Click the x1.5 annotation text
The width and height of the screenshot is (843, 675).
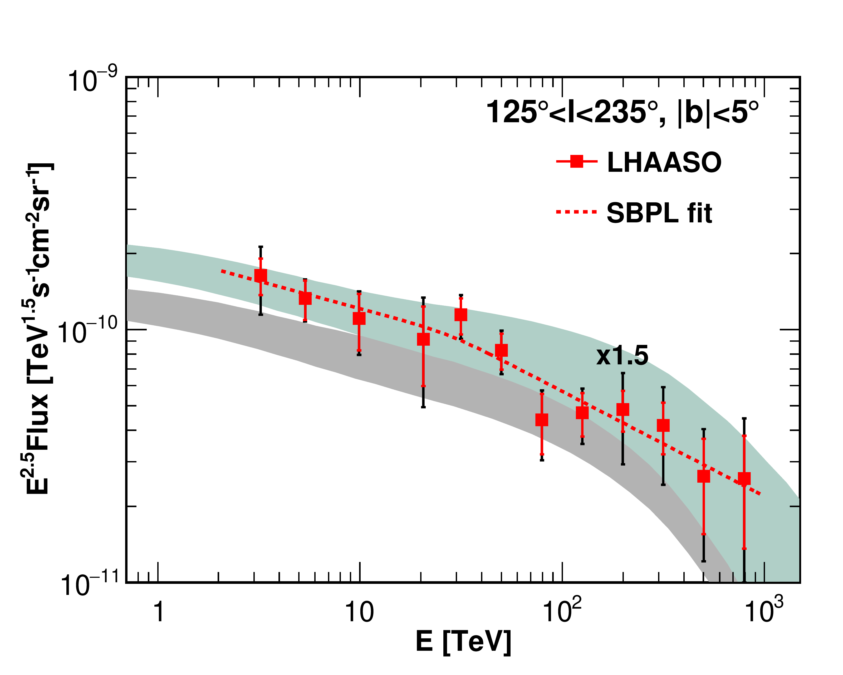tap(622, 356)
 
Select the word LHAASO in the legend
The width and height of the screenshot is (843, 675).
tap(664, 162)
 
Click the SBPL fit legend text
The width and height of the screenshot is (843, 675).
tap(659, 213)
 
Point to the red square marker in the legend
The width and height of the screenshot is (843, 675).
tap(577, 161)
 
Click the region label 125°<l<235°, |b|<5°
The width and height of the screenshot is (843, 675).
tap(622, 112)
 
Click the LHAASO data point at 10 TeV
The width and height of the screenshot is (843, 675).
tap(359, 318)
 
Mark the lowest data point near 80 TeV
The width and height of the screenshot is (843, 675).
tap(542, 420)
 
